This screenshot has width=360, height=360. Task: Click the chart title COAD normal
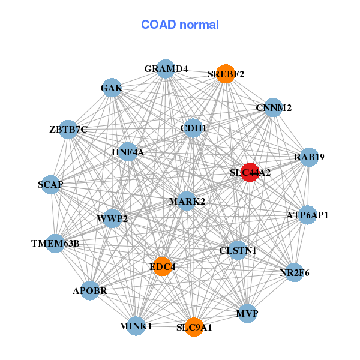coord(179,25)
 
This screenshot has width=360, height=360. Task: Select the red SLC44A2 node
coord(250,172)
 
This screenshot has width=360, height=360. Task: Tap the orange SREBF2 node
coord(226,74)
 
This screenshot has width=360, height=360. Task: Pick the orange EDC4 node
coord(163,266)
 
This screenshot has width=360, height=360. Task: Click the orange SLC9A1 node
coord(194,327)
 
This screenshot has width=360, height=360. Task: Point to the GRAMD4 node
coord(166,69)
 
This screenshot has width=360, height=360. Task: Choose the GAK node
coord(112,88)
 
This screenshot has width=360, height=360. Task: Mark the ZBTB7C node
coord(68,129)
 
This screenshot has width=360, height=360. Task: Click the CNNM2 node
coord(273,108)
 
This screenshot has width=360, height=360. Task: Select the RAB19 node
coord(309,157)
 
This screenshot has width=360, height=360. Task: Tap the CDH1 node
coord(193,128)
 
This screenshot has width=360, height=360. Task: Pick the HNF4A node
coord(128,152)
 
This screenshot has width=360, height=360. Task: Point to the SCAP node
coord(51,184)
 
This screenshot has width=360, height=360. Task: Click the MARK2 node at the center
coord(187,201)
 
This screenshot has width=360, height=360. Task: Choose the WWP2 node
coord(112,218)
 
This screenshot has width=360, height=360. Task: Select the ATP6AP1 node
coord(307,215)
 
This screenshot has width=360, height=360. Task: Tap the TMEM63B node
coord(55,243)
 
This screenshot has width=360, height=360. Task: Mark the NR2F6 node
coord(295,272)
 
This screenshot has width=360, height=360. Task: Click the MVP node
coord(247,313)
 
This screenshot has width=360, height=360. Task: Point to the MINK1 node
coord(136,326)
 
